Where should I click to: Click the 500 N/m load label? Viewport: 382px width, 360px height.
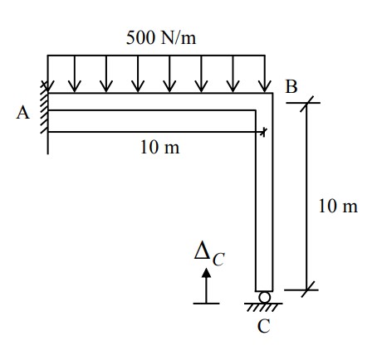point(161,37)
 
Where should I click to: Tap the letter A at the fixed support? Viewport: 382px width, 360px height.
point(22,113)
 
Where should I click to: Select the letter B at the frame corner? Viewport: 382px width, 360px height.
point(291,86)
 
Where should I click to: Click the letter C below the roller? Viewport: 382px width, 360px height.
point(263,326)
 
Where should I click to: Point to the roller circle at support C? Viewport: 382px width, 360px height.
point(264,297)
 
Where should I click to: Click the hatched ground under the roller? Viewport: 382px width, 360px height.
point(263,307)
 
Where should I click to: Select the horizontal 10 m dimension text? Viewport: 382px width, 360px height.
point(160,147)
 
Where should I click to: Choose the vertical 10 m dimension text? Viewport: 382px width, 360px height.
point(338,206)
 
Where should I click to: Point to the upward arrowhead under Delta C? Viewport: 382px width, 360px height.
point(206,273)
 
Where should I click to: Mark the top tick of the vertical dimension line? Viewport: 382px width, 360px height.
point(307,103)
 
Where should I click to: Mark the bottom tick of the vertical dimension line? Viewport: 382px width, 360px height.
point(308,289)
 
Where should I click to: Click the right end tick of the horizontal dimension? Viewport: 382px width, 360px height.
point(264,132)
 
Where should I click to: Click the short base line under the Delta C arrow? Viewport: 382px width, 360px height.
point(206,304)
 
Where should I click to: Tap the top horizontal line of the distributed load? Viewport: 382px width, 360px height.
point(156,56)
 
